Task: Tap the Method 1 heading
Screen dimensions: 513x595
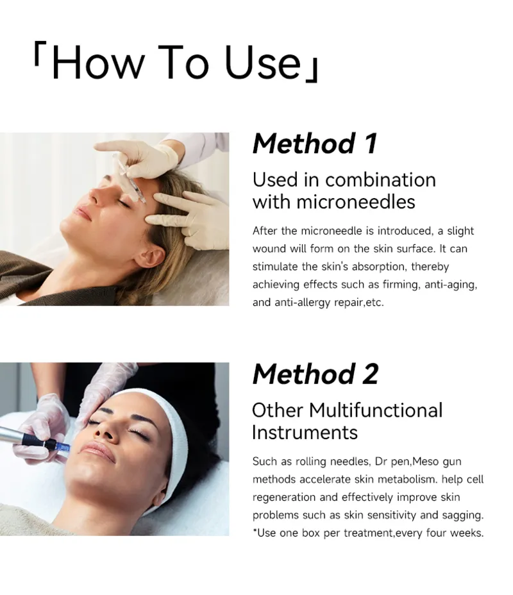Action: pos(315,144)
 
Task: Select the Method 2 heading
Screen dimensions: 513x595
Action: pos(315,374)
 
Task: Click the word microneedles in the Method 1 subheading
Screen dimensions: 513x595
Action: pos(355,201)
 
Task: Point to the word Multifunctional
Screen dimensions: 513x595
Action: pos(376,410)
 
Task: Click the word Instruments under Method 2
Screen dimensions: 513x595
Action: pos(305,432)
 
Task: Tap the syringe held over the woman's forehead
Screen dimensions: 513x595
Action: pos(130,178)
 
